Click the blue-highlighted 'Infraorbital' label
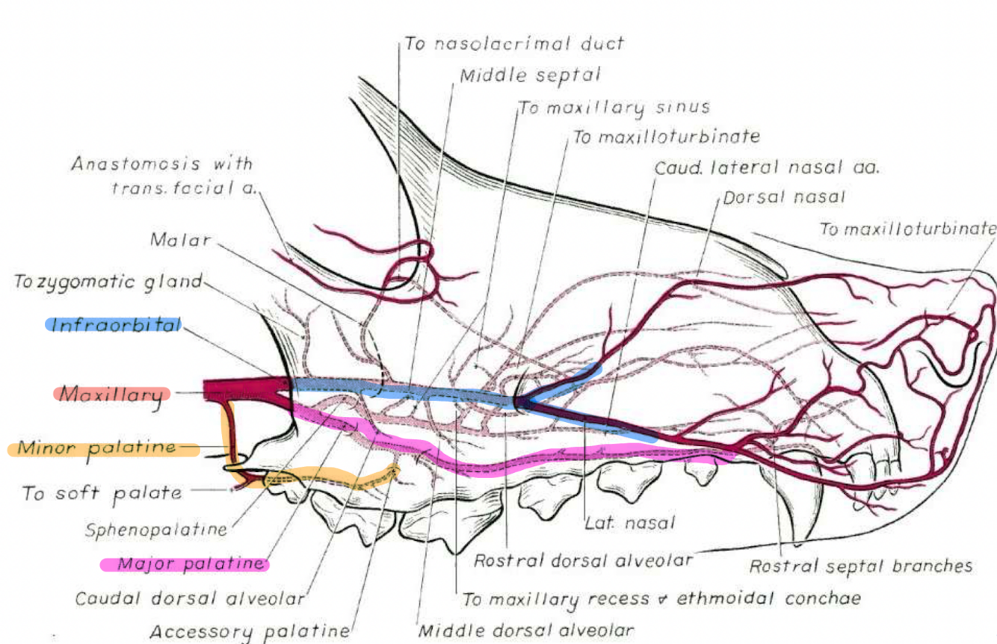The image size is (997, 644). [x=114, y=325]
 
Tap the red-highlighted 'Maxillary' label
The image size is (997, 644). [x=111, y=394]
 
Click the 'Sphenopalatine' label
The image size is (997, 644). [x=155, y=530]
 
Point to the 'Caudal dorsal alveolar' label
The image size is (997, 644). [x=190, y=598]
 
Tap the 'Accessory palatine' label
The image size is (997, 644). [x=250, y=631]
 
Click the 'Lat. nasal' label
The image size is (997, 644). [x=629, y=523]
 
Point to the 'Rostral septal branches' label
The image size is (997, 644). [x=861, y=566]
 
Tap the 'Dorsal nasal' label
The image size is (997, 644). [x=784, y=198]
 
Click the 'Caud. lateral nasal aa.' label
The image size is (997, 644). [x=767, y=168]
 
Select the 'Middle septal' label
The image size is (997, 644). [x=530, y=75]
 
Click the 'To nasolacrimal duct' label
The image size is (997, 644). [x=513, y=43]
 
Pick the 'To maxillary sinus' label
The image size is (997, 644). [x=614, y=108]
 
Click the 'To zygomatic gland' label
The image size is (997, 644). [x=108, y=282]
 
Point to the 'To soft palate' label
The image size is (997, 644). [x=102, y=493]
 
